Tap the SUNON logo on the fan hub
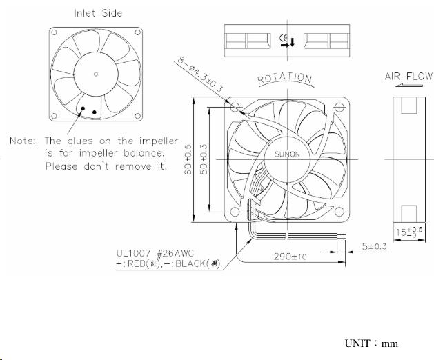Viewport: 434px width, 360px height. [288, 154]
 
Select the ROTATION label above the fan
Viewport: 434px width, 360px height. [285, 79]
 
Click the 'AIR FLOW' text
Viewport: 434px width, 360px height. [408, 77]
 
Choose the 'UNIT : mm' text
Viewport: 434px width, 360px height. [371, 343]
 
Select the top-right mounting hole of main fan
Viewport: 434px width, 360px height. [337, 108]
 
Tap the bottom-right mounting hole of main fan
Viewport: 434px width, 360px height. [337, 209]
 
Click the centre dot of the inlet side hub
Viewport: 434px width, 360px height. [96, 74]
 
